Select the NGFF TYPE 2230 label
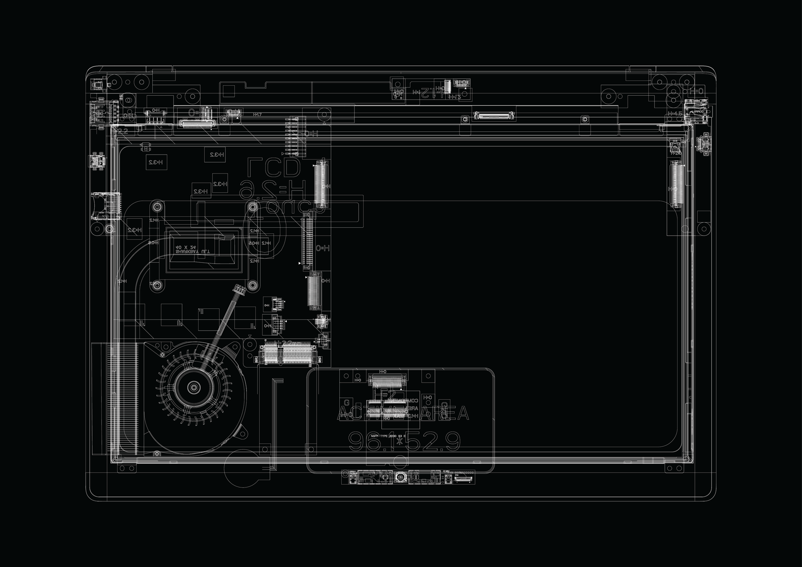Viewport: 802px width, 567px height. (388, 436)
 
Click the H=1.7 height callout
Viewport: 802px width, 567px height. (257, 114)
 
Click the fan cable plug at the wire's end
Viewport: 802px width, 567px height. (239, 288)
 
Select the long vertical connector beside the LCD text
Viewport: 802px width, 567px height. (307, 241)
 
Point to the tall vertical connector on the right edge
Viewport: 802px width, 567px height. (677, 184)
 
